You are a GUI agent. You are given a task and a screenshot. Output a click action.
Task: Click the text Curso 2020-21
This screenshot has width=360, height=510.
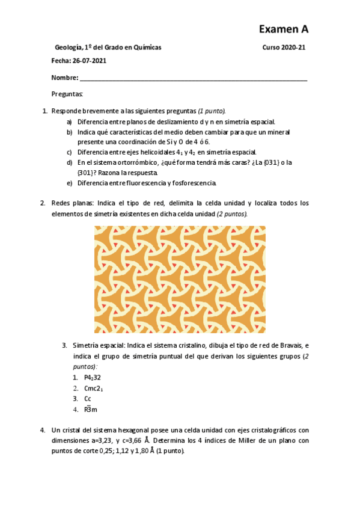pyautogui.click(x=284, y=48)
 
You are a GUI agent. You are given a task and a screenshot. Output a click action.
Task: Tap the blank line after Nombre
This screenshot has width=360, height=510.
pyautogui.click(x=192, y=78)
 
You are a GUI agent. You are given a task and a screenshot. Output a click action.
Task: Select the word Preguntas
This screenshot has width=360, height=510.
pyautogui.click(x=67, y=94)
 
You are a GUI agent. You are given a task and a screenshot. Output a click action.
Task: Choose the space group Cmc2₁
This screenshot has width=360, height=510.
pyautogui.click(x=94, y=388)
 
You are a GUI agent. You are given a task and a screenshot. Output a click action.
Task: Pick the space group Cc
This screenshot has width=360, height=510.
pyautogui.click(x=88, y=398)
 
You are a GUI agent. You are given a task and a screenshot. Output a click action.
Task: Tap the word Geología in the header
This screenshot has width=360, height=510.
pyautogui.click(x=68, y=48)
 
